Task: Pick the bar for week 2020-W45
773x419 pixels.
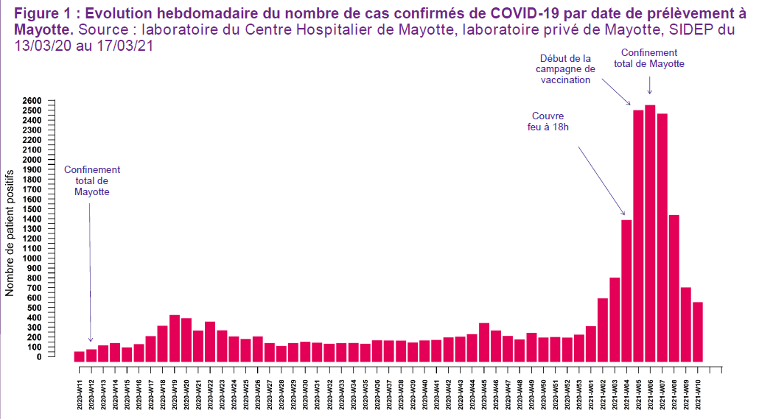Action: pos(484,342)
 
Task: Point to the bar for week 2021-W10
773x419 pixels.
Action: pos(697,332)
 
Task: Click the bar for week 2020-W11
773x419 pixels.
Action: pos(79,356)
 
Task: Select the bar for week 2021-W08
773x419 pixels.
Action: pos(674,288)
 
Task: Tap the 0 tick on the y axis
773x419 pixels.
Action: pos(38,357)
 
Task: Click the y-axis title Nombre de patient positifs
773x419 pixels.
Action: pos(10,230)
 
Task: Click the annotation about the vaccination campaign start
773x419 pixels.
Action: pos(565,68)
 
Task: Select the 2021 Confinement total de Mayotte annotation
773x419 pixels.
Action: pos(648,58)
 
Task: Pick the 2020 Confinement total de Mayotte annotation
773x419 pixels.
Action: pos(91,180)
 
